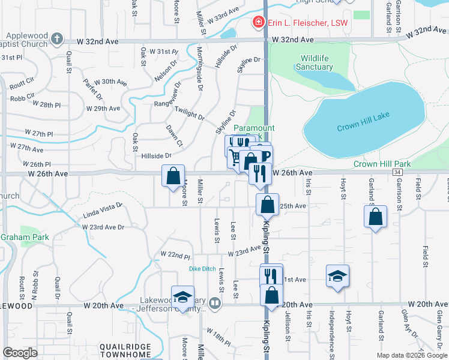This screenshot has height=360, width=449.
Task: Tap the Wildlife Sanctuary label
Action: coord(315,62)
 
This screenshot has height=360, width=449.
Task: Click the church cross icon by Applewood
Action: coord(57,39)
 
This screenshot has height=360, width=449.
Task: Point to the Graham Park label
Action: coord(25,237)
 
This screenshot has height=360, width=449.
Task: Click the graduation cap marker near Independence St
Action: coord(338,276)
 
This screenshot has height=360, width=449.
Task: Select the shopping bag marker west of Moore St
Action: coord(173,176)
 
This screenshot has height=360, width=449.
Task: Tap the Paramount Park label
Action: coord(254,128)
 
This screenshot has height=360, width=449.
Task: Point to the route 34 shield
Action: coord(397,173)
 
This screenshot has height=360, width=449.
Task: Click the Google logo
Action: coord(20,353)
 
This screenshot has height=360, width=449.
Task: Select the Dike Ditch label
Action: coord(202,268)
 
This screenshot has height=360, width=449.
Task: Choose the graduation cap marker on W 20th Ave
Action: coord(182,296)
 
